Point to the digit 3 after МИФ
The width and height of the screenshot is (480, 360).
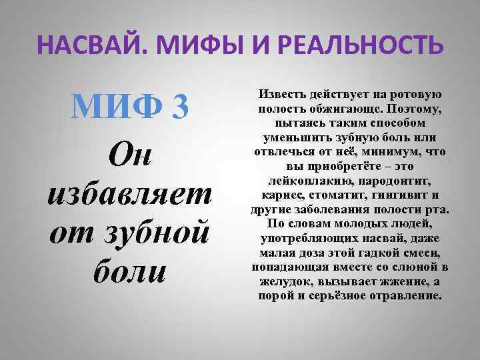(x=180, y=104)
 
